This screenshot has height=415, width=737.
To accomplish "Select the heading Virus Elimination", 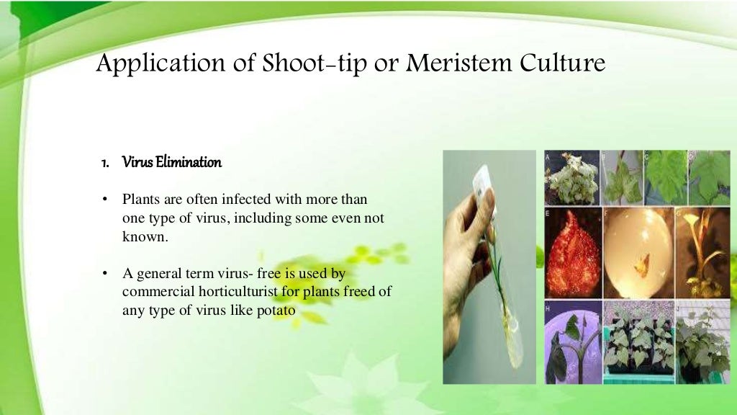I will [x=172, y=162].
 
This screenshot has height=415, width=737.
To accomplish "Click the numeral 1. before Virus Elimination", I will [x=105, y=163].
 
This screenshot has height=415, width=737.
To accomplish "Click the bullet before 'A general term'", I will [x=105, y=274].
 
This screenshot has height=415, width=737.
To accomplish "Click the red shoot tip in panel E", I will [x=572, y=252].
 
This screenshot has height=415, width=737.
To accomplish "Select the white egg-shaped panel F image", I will [x=636, y=252].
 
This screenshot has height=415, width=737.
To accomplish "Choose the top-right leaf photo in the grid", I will [x=709, y=177].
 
